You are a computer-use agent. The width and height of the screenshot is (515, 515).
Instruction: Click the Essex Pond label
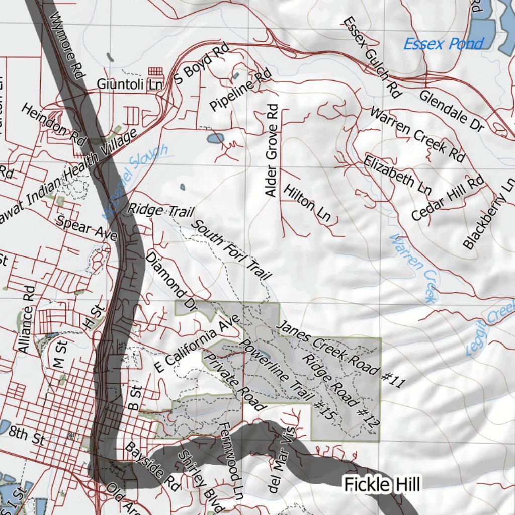pyautogui.click(x=443, y=44)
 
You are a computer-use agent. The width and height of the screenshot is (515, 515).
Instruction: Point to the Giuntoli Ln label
pyautogui.click(x=127, y=84)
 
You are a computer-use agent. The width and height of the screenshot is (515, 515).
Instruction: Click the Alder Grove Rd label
pyautogui.click(x=272, y=150)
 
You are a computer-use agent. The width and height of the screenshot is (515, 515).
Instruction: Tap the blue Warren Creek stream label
pyautogui.click(x=413, y=269)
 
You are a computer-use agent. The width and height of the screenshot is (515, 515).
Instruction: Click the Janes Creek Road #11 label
pyautogui.click(x=341, y=354)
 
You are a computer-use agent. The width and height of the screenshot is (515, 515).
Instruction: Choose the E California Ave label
pyautogui.click(x=198, y=344)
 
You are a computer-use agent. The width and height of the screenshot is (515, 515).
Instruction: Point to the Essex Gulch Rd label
pyautogui.click(x=372, y=57)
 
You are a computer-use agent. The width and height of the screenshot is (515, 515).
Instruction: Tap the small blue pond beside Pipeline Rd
pyautogui.click(x=236, y=76)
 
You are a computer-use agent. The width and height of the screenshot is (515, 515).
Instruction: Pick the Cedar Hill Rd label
pyautogui.click(x=447, y=198)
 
